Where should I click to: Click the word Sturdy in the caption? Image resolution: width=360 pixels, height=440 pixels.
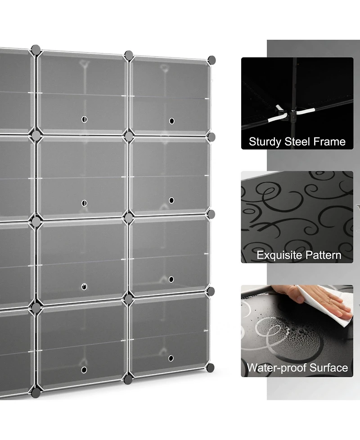(x=265, y=142)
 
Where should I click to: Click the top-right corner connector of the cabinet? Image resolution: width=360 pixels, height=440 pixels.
(x=211, y=60)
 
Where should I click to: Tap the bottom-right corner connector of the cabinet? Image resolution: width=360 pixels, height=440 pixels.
(x=210, y=368)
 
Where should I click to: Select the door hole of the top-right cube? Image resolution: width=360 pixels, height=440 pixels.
(x=171, y=121)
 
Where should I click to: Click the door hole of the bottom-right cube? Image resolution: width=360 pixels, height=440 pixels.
(x=171, y=358)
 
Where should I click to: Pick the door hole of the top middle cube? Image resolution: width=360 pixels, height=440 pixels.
(x=84, y=119)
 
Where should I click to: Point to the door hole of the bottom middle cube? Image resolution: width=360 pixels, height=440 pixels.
(x=84, y=370)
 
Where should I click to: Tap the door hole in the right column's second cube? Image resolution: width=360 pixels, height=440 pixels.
(x=171, y=200)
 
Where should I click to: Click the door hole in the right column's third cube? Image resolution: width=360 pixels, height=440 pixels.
(x=171, y=280)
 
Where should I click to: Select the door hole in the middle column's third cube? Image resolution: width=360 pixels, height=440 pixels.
(x=84, y=287)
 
